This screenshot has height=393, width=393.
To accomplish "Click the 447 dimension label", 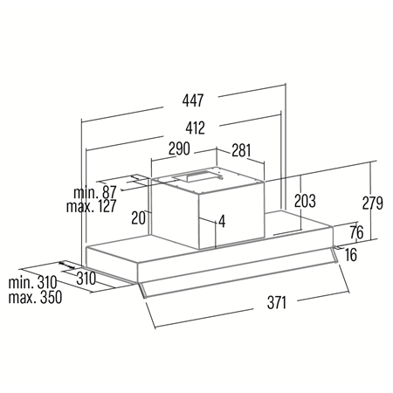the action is coord(193,100).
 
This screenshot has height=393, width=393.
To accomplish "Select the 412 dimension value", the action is coord(196,128).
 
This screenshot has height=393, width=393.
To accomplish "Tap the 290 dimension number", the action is coord(179,148).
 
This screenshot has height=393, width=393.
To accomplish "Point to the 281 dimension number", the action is coord(241,150).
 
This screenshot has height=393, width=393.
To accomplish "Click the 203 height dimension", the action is coord(305,201).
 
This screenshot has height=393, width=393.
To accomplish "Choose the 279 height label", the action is coord(373,203).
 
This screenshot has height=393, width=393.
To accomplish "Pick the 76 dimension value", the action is coord(357,232).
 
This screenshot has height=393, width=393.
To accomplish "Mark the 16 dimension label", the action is coord(351,255).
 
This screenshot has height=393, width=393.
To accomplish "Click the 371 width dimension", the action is coord(277,302).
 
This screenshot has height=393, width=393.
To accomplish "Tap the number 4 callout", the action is coord(222,221).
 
